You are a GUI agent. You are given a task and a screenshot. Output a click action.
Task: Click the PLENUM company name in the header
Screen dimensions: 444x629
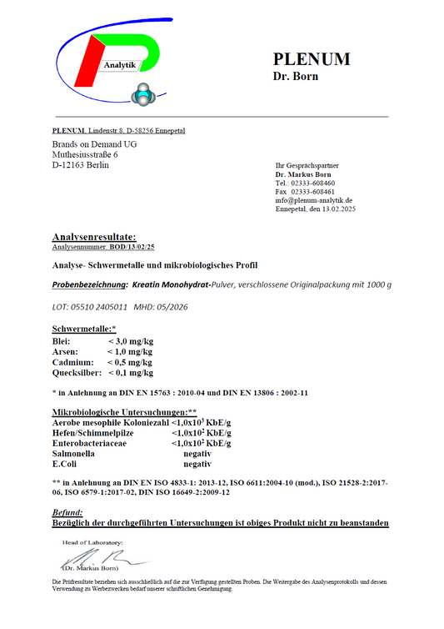[312, 59]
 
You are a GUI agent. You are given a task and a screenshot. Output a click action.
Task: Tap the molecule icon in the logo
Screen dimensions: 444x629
[147, 93]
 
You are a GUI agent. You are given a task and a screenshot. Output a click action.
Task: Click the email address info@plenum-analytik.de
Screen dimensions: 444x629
[314, 200]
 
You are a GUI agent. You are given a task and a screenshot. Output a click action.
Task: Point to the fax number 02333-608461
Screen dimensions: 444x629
[312, 192]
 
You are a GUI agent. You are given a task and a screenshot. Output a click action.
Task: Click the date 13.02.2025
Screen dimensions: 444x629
[336, 209]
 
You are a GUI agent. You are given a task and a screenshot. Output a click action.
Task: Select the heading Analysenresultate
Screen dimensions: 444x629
[94, 238]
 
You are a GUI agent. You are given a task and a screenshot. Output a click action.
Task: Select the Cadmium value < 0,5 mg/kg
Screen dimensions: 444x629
[129, 362]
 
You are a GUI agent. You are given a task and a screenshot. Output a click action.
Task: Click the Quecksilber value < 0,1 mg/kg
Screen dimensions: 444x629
[129, 373]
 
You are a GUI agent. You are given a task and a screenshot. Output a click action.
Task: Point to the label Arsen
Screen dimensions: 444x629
[65, 352]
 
